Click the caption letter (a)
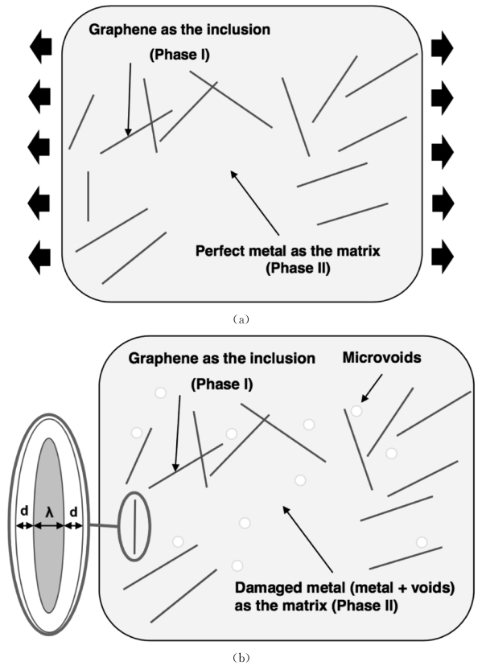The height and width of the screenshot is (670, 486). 242,318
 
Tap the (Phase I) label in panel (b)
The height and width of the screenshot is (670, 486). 221,385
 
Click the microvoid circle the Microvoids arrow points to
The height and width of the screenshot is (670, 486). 356,411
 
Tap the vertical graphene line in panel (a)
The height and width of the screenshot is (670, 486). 88,195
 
